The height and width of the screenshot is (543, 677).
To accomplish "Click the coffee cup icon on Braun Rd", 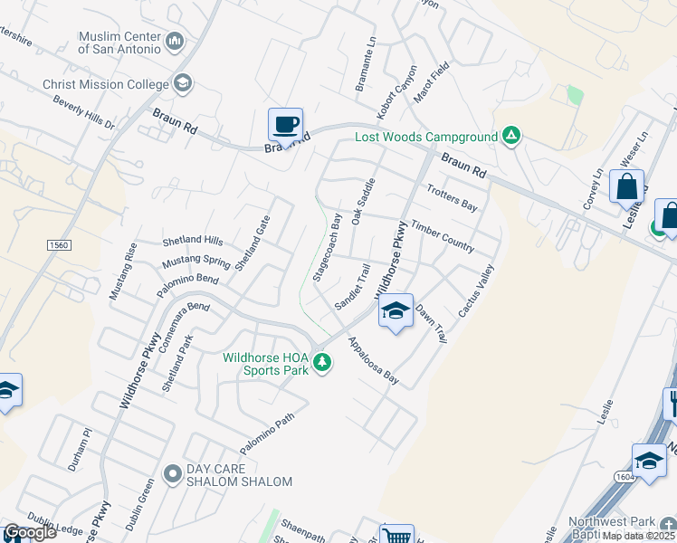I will [x=285, y=125].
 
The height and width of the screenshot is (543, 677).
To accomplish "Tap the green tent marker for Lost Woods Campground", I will [x=511, y=137].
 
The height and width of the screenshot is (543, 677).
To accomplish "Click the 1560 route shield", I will [x=58, y=245].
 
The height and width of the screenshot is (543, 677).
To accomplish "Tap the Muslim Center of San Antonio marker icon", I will [x=175, y=42].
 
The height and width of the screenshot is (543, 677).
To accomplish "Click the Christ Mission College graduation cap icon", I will [x=183, y=84].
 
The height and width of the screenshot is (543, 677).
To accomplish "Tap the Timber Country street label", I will [x=443, y=234].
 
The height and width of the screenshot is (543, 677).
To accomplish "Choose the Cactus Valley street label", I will [x=476, y=290].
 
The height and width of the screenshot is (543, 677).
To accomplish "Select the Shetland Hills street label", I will [x=192, y=241].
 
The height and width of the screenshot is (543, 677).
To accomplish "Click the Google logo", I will [x=29, y=532].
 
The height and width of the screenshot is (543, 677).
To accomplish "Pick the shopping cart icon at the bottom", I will [x=395, y=536].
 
